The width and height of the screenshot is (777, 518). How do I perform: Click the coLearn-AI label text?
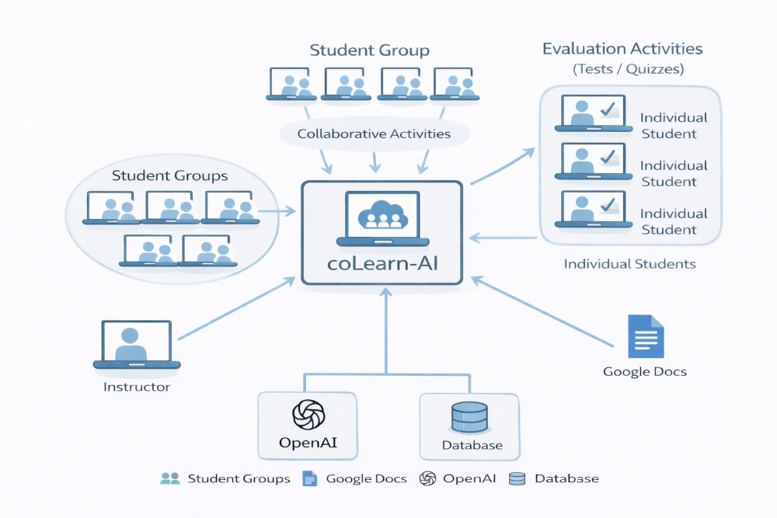point(382,262)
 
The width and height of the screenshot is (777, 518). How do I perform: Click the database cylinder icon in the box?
point(469,419)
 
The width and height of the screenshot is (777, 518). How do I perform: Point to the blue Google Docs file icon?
point(645,335)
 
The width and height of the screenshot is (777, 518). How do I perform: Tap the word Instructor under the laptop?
point(137,386)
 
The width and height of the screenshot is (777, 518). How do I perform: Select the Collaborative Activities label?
point(374,134)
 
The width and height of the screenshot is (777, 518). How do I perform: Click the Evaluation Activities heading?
point(622,49)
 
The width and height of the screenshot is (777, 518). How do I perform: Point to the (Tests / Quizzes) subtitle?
point(628,69)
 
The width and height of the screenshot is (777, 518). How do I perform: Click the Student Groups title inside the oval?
point(169,176)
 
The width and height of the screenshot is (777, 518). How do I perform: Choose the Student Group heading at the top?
point(369,51)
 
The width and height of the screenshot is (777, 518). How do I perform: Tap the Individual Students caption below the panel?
point(629,264)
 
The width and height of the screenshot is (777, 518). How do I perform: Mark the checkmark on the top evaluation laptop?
point(608,110)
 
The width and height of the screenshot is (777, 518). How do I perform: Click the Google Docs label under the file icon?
point(645,371)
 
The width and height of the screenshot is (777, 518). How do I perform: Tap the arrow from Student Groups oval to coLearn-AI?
point(276,210)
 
